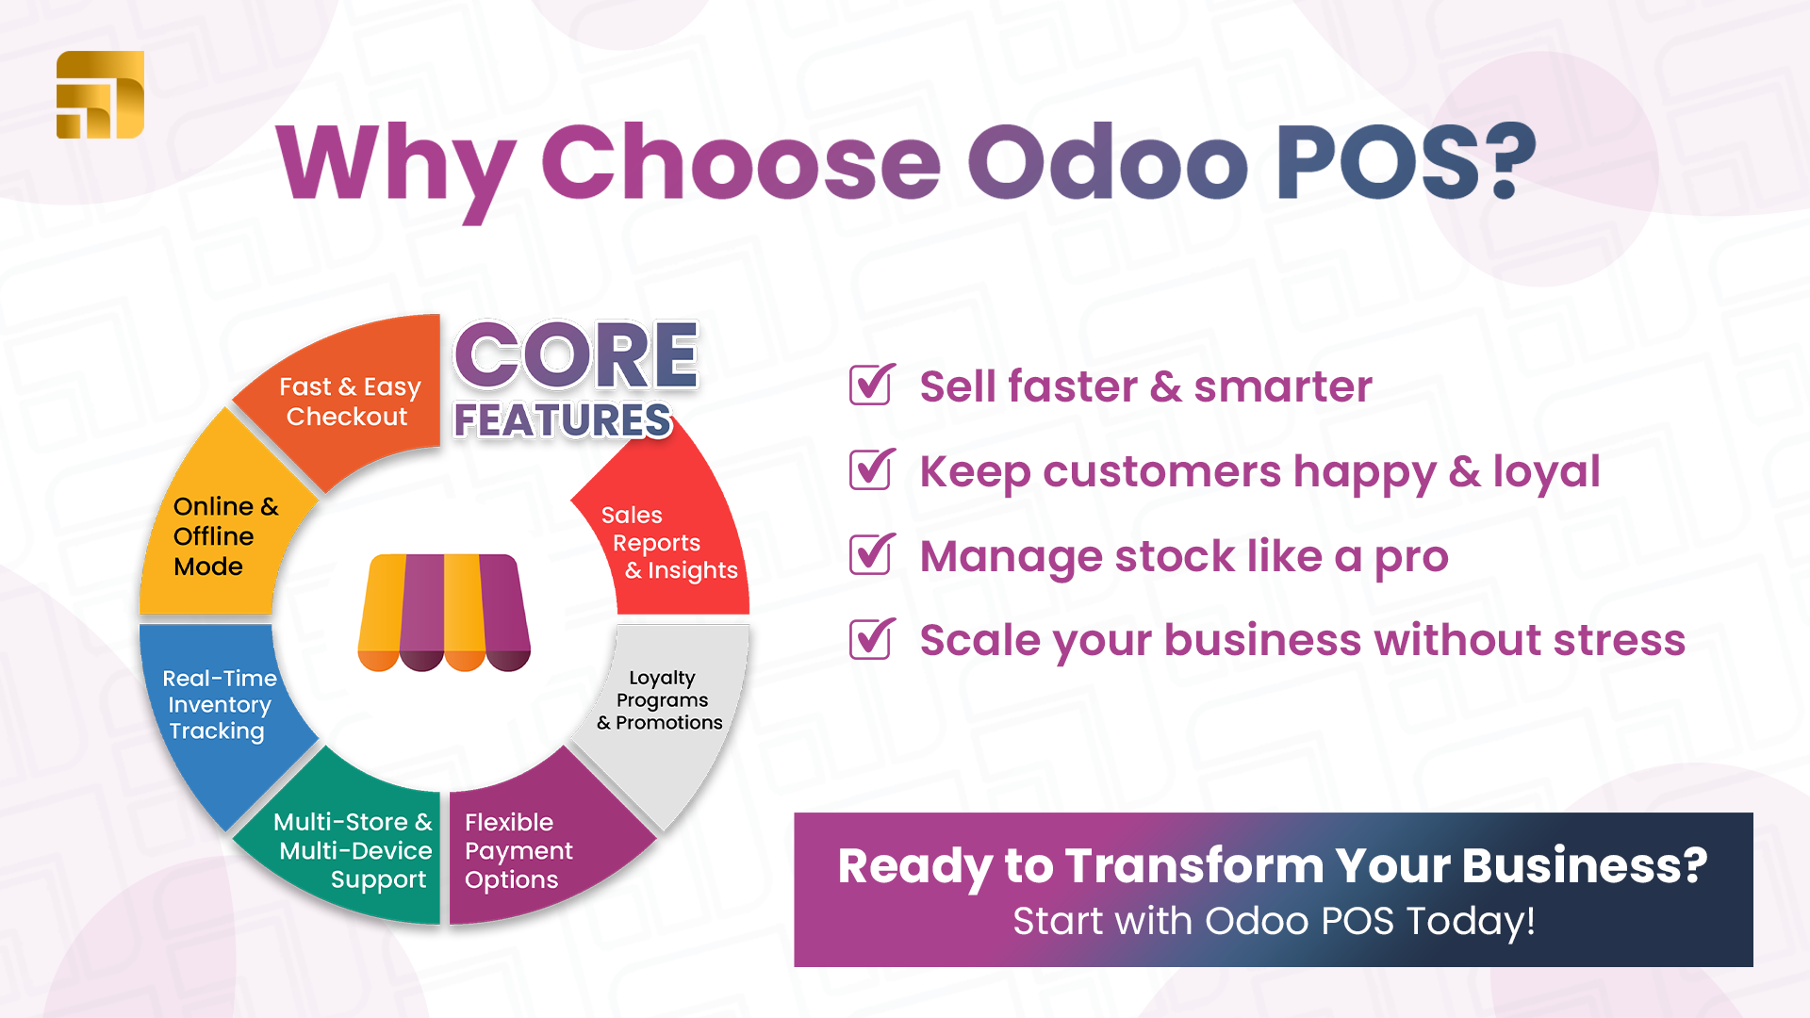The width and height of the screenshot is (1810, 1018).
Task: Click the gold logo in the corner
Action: [100, 94]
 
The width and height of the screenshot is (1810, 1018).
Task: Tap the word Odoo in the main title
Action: [1109, 162]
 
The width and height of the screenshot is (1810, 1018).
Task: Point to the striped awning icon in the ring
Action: [444, 613]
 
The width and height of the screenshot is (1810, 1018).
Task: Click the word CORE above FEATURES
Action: [576, 355]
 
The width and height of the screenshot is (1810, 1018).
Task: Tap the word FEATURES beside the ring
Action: [563, 420]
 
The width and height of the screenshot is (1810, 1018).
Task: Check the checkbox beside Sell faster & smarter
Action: [872, 385]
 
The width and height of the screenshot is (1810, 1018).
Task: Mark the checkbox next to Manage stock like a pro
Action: [872, 554]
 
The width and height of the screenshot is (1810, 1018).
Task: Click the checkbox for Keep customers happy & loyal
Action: [872, 469]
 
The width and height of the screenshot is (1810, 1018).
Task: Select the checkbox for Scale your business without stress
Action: [872, 639]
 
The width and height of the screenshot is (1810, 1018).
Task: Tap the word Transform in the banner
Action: [1195, 865]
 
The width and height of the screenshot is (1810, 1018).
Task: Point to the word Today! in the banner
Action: [1471, 921]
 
